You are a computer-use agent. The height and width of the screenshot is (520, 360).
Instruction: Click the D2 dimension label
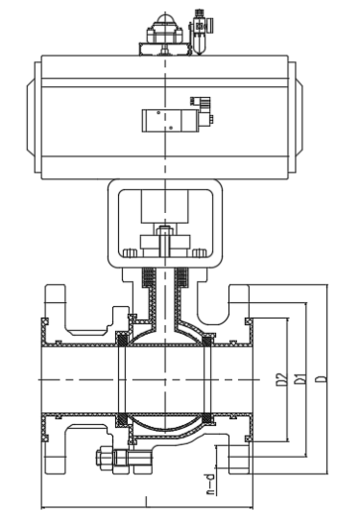click(280, 379)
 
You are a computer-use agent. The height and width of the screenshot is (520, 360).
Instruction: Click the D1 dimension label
click(300, 378)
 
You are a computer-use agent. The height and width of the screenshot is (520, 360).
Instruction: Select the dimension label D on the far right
click(322, 379)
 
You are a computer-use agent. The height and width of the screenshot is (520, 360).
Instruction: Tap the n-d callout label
click(210, 484)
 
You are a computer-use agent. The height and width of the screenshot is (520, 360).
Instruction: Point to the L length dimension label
click(146, 501)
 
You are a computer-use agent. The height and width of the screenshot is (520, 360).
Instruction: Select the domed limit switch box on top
click(165, 34)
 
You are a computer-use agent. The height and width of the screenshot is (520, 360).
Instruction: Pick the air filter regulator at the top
click(200, 32)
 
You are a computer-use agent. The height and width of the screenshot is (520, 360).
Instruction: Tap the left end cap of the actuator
click(34, 117)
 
